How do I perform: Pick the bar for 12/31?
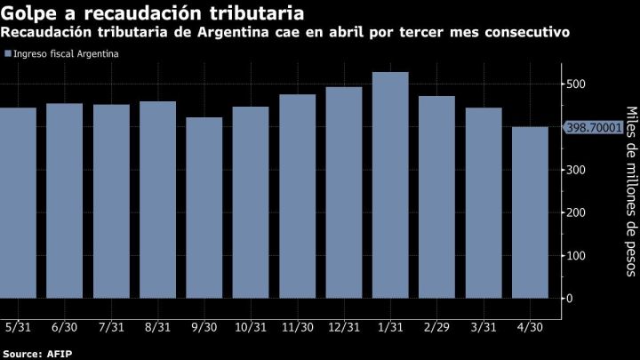343,191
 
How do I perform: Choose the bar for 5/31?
18,202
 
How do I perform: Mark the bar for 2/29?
436,196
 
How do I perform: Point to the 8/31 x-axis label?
157,327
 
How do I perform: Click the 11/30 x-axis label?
297,327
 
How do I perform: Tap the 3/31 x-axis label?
483,327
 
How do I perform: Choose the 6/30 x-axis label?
65,327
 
